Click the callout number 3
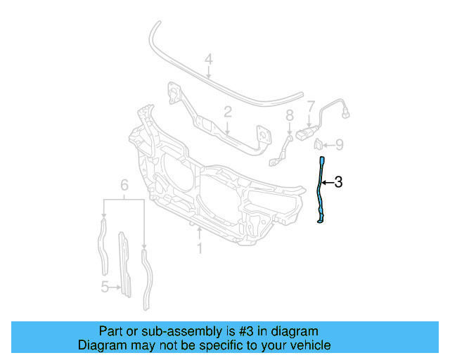click(x=338, y=183)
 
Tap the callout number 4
click(x=208, y=60)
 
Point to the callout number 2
click(x=228, y=112)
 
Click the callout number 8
click(x=289, y=116)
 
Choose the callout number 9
click(x=339, y=145)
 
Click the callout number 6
click(x=124, y=186)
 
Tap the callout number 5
click(x=104, y=286)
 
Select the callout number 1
click(x=200, y=248)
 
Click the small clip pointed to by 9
click(x=318, y=145)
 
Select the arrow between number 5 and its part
click(x=115, y=286)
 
